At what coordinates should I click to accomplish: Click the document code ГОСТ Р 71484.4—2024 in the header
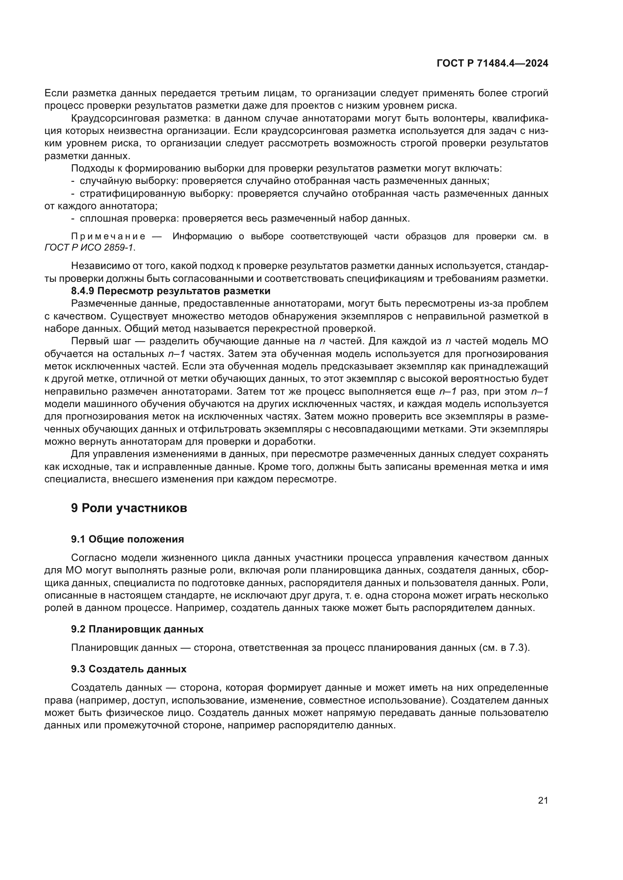click(492, 64)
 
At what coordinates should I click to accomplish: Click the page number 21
click(543, 801)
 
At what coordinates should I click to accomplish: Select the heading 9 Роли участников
click(129, 508)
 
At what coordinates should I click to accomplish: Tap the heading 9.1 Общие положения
click(127, 539)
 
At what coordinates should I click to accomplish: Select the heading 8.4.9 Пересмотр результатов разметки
click(170, 291)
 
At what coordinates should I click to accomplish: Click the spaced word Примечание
click(108, 237)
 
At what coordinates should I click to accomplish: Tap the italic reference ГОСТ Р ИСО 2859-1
click(89, 248)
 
